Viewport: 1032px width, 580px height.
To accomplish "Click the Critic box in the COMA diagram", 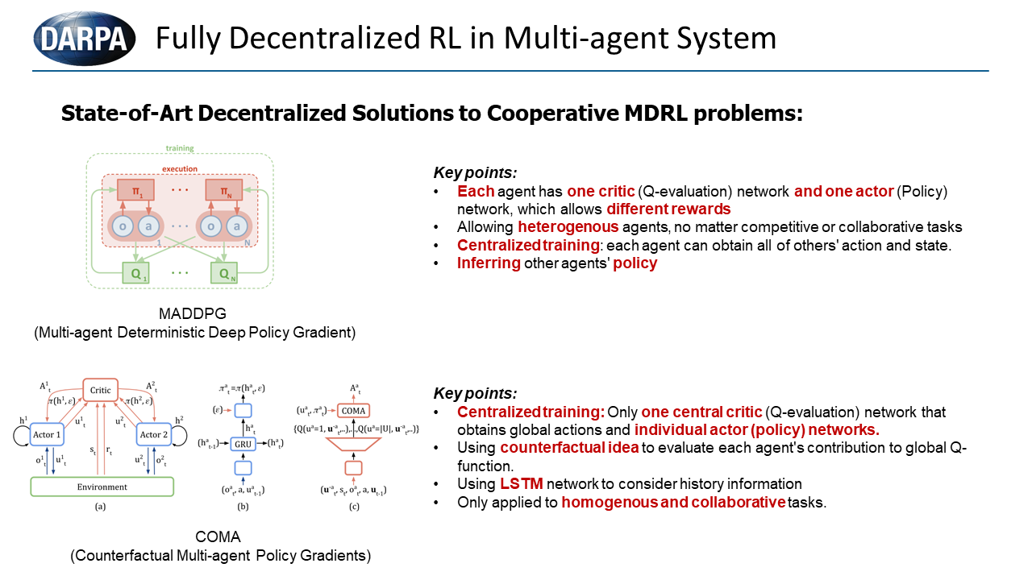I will point(100,390).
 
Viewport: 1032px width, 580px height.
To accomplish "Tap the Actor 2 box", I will point(152,435).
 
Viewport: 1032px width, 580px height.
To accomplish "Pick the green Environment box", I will point(102,487).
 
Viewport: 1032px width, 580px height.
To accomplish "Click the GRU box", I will point(243,444).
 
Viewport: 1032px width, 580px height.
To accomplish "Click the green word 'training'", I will point(180,148).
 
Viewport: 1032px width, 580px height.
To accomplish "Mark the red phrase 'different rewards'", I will point(668,209).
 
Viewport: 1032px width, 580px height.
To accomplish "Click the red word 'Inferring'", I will point(489,263).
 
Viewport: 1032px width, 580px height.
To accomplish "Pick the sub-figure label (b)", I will point(243,506).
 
